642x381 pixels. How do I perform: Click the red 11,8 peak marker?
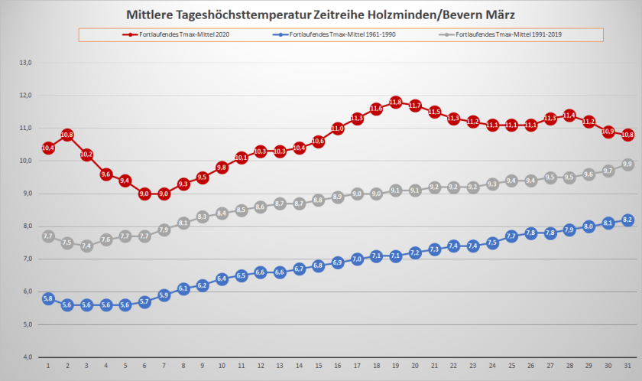[395, 102]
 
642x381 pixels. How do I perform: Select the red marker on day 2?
[67, 135]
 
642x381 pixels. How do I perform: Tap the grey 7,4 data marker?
[86, 246]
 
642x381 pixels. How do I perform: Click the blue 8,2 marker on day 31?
[627, 220]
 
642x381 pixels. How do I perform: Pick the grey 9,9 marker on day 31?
[627, 164]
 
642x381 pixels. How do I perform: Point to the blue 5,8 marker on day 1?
[48, 298]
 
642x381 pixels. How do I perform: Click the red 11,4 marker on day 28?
[569, 115]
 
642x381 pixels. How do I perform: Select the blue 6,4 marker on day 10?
[222, 278]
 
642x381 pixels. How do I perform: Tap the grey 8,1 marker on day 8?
[183, 223]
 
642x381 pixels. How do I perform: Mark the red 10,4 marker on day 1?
[48, 148]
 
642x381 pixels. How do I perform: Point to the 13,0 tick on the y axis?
[24, 63]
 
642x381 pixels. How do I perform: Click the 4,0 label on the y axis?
[24, 357]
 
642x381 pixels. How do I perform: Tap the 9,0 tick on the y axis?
[24, 194]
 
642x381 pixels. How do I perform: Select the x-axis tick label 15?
[318, 366]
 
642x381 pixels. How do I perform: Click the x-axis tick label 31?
[627, 366]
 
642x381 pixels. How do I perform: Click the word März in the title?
[500, 15]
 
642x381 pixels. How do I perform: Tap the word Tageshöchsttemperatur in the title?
[238, 15]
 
